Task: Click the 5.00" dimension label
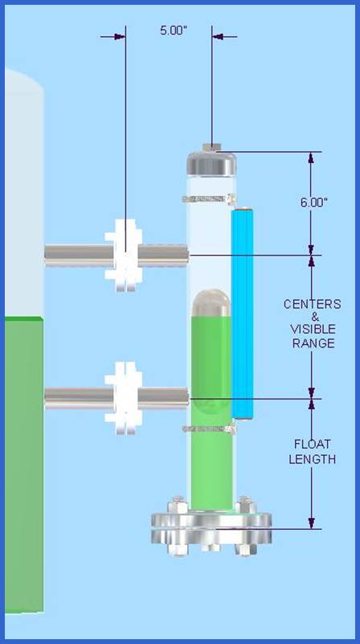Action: (x=174, y=31)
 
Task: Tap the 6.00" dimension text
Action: (x=313, y=203)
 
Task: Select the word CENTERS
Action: (x=313, y=305)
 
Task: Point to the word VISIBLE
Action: (x=313, y=330)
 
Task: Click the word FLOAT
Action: (x=313, y=444)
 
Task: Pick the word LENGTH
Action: (x=313, y=459)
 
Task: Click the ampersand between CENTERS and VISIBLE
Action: (x=313, y=317)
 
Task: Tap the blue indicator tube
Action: (x=242, y=314)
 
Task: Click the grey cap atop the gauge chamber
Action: (x=211, y=164)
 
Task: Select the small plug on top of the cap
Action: (x=212, y=147)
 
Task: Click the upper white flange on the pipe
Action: (x=124, y=255)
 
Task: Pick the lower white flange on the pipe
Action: (x=124, y=398)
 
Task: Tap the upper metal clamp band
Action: (x=209, y=199)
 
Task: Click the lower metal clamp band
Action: (x=209, y=429)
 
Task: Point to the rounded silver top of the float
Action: (x=211, y=302)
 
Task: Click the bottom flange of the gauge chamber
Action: (x=211, y=527)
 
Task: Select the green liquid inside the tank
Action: (x=24, y=464)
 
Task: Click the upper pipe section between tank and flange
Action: (x=79, y=256)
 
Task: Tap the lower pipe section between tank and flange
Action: (x=79, y=399)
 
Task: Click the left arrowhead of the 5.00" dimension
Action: (x=120, y=37)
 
